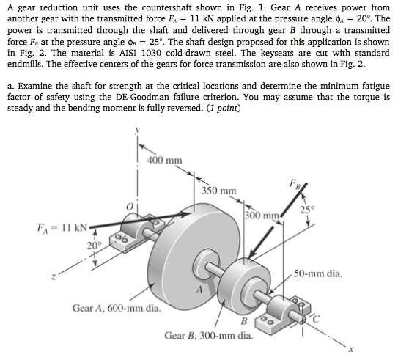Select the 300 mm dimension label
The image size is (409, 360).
[263, 216]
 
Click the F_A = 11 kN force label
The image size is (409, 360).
[59, 227]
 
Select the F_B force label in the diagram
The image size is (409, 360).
[295, 181]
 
